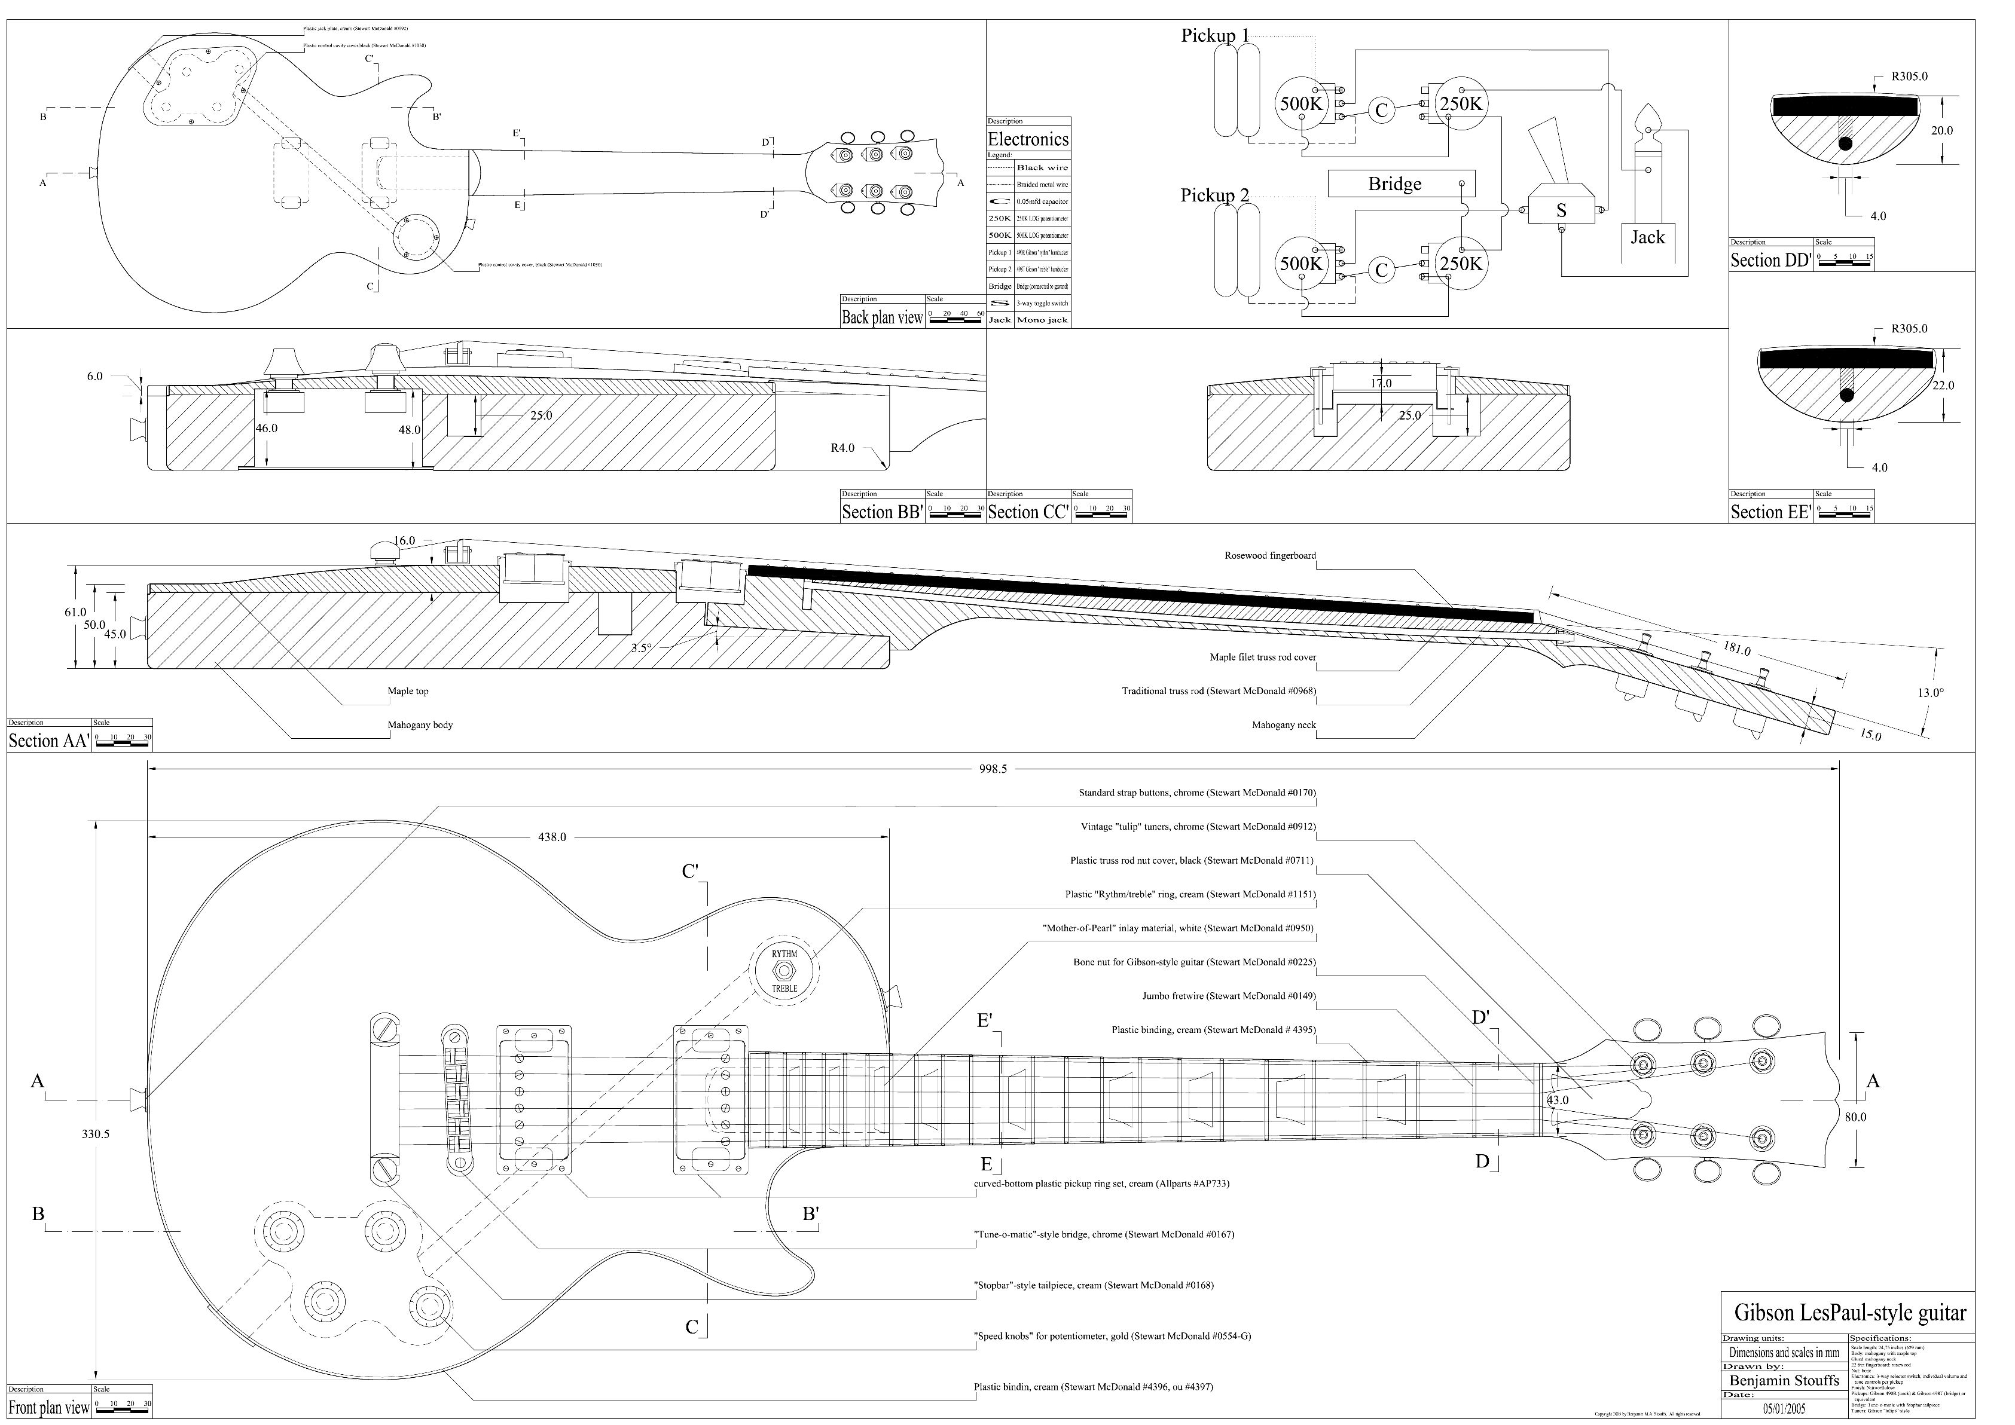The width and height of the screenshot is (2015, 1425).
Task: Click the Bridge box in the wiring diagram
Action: click(1401, 184)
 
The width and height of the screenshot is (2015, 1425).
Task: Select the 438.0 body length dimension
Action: click(552, 837)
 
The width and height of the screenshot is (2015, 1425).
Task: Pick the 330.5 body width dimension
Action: click(96, 1134)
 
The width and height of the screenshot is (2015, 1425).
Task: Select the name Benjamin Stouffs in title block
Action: click(1785, 1380)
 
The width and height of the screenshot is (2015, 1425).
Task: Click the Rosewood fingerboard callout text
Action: click(1270, 555)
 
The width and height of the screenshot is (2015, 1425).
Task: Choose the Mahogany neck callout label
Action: click(1283, 726)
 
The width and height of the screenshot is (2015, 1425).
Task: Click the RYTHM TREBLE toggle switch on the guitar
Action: click(784, 971)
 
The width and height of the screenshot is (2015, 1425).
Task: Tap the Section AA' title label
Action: click(48, 741)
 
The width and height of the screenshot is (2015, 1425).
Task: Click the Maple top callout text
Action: click(408, 692)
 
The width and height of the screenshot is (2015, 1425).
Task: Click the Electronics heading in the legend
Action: click(1028, 139)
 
